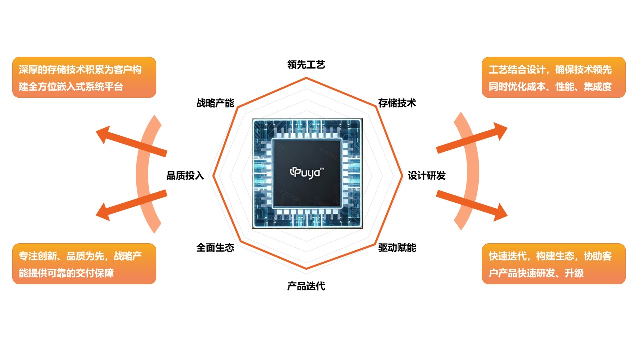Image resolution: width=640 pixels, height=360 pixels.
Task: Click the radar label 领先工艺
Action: (x=306, y=65)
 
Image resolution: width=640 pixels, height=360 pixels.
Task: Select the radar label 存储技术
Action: (x=397, y=103)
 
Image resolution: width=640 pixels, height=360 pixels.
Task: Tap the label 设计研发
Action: (x=426, y=176)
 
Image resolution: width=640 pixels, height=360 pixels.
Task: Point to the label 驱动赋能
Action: (x=397, y=248)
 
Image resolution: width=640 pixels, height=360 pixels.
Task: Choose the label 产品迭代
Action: (x=306, y=286)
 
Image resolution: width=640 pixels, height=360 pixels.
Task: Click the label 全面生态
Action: (x=215, y=248)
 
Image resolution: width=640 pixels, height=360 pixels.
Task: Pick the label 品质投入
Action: (x=185, y=176)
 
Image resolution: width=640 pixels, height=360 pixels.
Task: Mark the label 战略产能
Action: (x=215, y=103)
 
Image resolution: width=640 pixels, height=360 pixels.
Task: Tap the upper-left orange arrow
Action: (x=131, y=142)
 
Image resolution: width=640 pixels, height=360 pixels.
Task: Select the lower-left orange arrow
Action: (x=131, y=204)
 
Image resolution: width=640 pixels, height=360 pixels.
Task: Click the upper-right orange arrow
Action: (x=472, y=138)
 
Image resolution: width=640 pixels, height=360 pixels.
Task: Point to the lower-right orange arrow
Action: (x=472, y=205)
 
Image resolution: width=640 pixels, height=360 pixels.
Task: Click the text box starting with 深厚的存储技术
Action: (x=84, y=77)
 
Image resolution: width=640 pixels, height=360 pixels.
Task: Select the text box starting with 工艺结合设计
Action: (x=553, y=77)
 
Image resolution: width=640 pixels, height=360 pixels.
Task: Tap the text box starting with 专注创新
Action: (x=84, y=264)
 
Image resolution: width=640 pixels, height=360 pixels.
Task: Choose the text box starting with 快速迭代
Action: (x=553, y=264)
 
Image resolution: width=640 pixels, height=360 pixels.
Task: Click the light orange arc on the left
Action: (x=145, y=172)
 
